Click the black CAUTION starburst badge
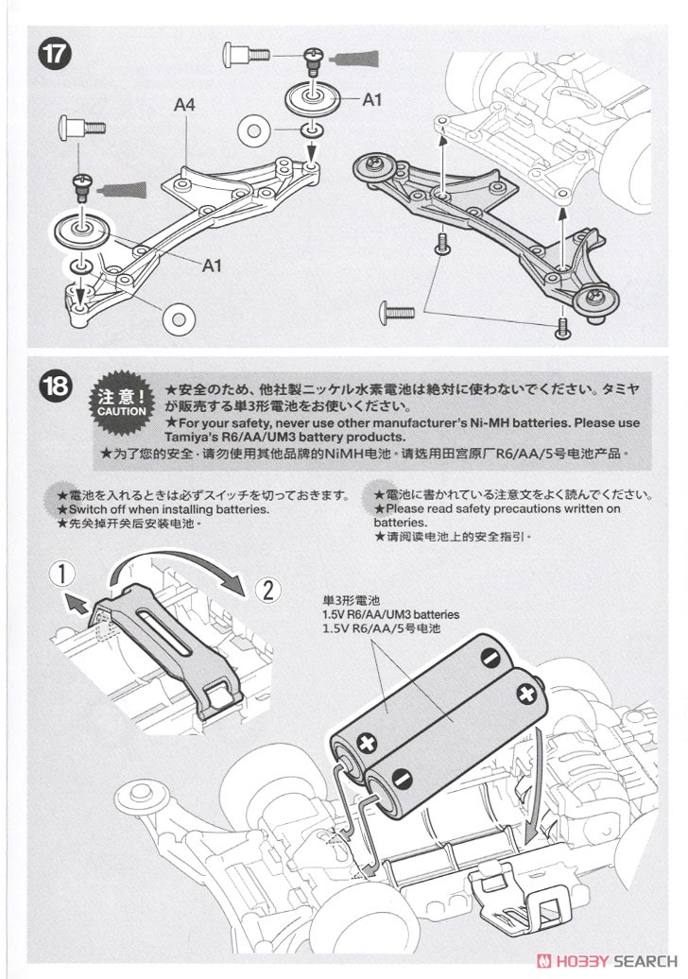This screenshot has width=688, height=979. click(121, 405)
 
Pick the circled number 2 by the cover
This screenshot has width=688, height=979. click(267, 591)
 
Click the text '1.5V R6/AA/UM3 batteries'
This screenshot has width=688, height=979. click(389, 613)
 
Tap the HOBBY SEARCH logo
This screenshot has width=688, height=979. click(608, 962)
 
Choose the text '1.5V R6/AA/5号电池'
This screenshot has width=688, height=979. click(381, 627)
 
